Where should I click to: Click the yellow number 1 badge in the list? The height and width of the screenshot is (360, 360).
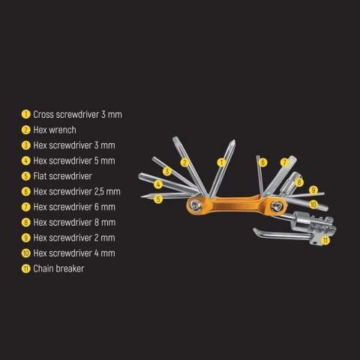tap(25, 115)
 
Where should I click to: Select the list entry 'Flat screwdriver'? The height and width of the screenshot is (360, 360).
tap(62, 176)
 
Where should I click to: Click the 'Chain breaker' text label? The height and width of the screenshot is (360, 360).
tap(58, 268)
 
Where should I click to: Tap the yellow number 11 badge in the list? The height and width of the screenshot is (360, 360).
tap(25, 268)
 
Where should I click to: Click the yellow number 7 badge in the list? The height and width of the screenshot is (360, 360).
tap(25, 206)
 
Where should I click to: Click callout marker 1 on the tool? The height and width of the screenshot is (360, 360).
tap(221, 161)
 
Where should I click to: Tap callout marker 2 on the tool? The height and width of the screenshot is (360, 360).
tap(184, 162)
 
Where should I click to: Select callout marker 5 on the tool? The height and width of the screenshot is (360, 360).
tap(158, 199)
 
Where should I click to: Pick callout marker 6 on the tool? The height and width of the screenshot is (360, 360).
tap(262, 161)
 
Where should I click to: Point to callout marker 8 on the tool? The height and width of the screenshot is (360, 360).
tap(298, 182)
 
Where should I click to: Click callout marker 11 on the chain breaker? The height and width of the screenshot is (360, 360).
tap(325, 240)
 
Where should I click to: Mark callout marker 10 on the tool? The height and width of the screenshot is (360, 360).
tap(313, 203)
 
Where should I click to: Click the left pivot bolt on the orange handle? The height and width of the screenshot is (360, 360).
tap(196, 202)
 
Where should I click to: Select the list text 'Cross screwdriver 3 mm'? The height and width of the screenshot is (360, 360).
tap(77, 115)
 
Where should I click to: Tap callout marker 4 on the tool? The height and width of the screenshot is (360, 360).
tap(159, 184)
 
